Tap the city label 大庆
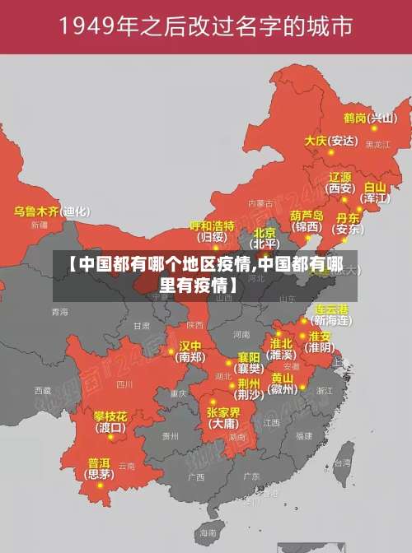(x=316, y=141)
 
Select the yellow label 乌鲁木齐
(x=36, y=211)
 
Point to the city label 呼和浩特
(x=212, y=225)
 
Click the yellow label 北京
(x=265, y=233)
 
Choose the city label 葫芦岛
(x=306, y=215)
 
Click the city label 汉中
(x=190, y=346)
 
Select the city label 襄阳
(x=249, y=357)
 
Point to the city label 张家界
(x=222, y=412)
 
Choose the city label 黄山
(x=283, y=378)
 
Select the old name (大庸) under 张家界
(x=222, y=425)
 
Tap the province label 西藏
(x=42, y=390)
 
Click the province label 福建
(x=304, y=435)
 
